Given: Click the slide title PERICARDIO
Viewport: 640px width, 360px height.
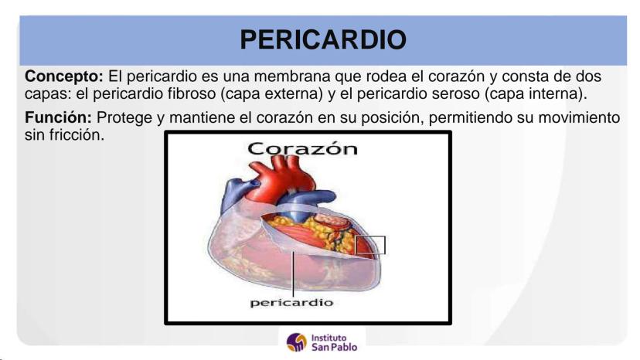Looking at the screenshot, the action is coord(323,39).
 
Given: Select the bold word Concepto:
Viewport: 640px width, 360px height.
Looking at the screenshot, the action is coord(64,76).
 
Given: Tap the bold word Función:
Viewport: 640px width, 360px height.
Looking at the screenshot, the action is coord(59,117).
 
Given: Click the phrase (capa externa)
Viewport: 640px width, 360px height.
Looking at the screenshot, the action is coord(272,94).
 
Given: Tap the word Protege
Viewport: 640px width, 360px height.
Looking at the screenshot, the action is coord(124,118).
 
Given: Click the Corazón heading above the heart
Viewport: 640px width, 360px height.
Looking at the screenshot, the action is coord(302,148).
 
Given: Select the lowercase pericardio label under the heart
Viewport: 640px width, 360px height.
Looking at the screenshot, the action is coord(291,303).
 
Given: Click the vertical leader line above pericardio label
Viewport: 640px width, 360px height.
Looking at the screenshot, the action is coord(293,274).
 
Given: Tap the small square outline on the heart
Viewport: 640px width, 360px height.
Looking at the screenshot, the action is coord(369,246).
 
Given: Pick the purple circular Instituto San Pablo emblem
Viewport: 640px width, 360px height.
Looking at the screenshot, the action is coord(297,342).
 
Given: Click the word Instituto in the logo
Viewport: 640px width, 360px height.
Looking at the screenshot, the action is coord(329,338).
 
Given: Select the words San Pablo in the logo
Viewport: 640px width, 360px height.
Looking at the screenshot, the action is coord(334,348).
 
